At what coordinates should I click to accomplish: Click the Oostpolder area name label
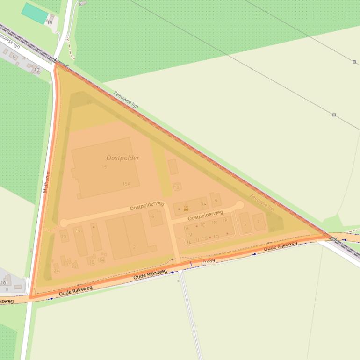(122, 158)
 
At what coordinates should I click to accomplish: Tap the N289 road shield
(209, 260)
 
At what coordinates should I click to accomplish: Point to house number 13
(176, 187)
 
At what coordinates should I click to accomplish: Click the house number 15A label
(126, 184)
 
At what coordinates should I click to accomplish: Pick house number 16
(78, 230)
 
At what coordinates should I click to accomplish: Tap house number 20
(64, 237)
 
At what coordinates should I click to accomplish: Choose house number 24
(56, 271)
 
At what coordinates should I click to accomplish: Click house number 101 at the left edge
(5, 283)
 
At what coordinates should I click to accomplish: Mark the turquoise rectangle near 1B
(35, 13)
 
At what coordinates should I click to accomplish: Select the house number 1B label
(50, 22)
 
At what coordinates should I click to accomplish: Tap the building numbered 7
(259, 222)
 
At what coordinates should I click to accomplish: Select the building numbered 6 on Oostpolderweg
(153, 217)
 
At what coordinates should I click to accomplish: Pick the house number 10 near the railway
(36, 70)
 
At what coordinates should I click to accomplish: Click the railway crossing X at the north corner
(56, 60)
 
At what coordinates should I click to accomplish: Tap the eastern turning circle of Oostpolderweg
(239, 205)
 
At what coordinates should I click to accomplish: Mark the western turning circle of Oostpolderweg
(64, 223)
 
